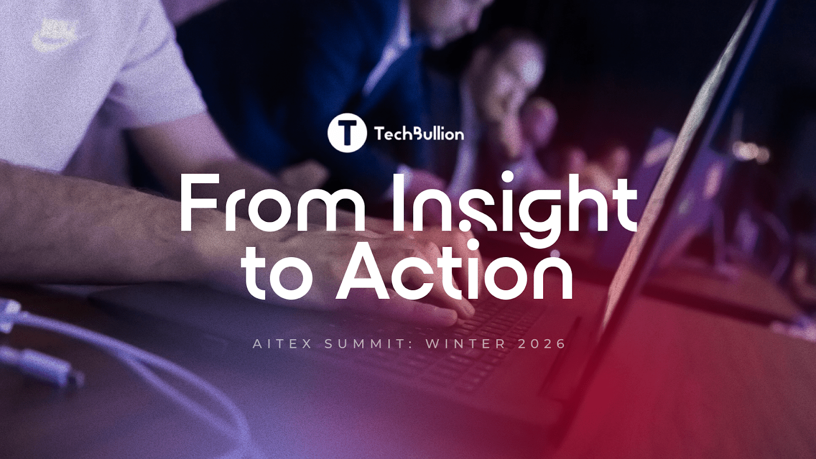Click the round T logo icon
347,133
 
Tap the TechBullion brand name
419,134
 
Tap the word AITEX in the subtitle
283,344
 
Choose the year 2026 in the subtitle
542,344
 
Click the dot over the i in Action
473,246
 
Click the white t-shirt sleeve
153,76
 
